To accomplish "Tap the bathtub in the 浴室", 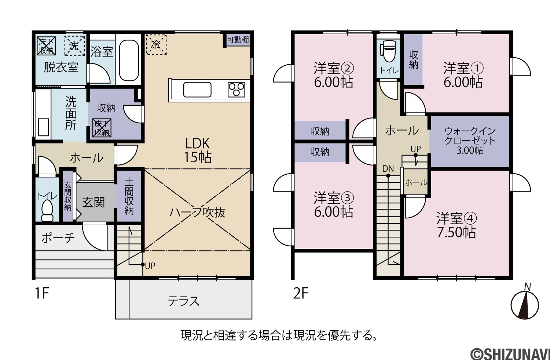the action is coord(129,61).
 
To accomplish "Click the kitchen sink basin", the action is coord(197,90).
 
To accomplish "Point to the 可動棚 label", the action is coord(238,40).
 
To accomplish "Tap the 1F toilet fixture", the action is coord(47,211).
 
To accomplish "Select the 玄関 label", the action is coord(93,203).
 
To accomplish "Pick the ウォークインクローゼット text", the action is coord(470,136).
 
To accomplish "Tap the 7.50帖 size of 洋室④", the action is coord(456,232).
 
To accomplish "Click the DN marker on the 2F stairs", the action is coord(388,169).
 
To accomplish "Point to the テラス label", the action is coord(183,301).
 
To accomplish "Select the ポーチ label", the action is coord(58,238).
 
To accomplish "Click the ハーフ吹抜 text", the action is coord(197,212).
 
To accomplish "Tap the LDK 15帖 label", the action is coord(198,150).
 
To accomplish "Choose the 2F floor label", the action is coord(301,293).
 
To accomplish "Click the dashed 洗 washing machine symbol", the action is coord(75,46).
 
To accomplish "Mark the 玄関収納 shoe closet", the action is coord(68,196).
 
